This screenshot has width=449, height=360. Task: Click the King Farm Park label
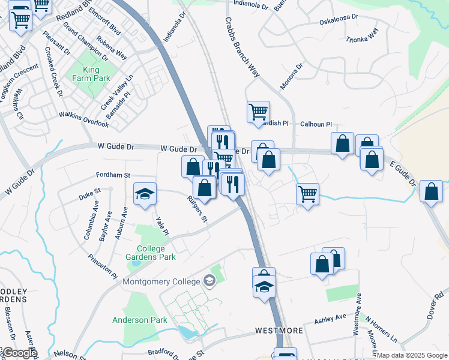click(91, 74)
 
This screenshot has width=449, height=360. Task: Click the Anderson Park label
click(140, 320)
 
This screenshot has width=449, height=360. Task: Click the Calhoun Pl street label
click(316, 124)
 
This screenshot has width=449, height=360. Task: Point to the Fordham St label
click(113, 175)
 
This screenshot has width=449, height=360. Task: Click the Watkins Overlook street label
click(83, 119)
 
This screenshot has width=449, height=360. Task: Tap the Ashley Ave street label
click(331, 317)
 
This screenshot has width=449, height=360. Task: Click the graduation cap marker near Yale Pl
click(145, 194)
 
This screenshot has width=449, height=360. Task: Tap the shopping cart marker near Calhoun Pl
click(258, 112)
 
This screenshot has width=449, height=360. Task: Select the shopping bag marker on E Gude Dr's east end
click(431, 191)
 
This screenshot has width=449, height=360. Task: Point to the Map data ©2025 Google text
click(412, 355)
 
